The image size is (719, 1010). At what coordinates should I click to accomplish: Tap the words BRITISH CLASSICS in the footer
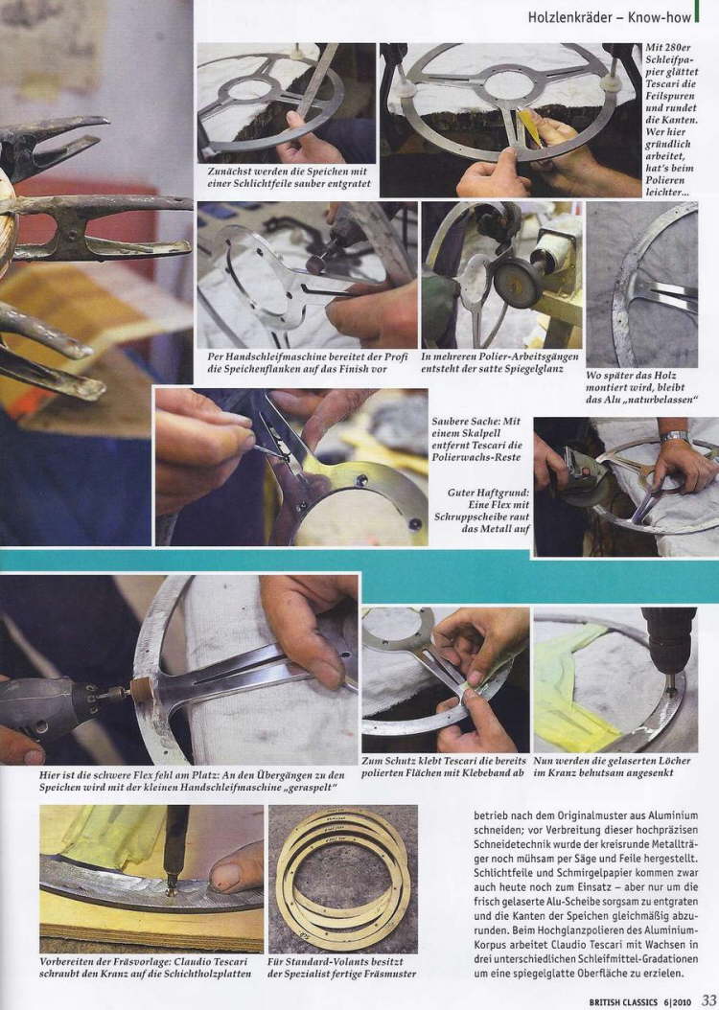[x=623, y=1002]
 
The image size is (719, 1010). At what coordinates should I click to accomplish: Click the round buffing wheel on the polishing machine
[x=517, y=281]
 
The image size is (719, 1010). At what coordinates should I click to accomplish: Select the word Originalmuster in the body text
[x=572, y=815]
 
